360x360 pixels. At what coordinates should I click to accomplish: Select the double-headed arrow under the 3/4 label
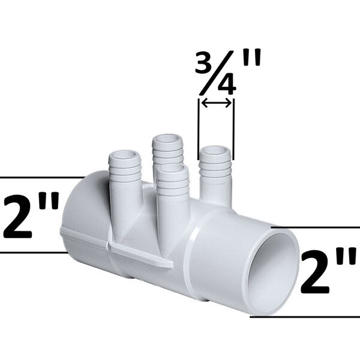click(216, 104)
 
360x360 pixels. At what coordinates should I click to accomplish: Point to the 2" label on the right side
click(328, 272)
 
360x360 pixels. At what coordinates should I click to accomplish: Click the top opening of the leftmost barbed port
click(124, 157)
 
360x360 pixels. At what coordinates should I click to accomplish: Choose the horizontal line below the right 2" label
click(306, 316)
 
